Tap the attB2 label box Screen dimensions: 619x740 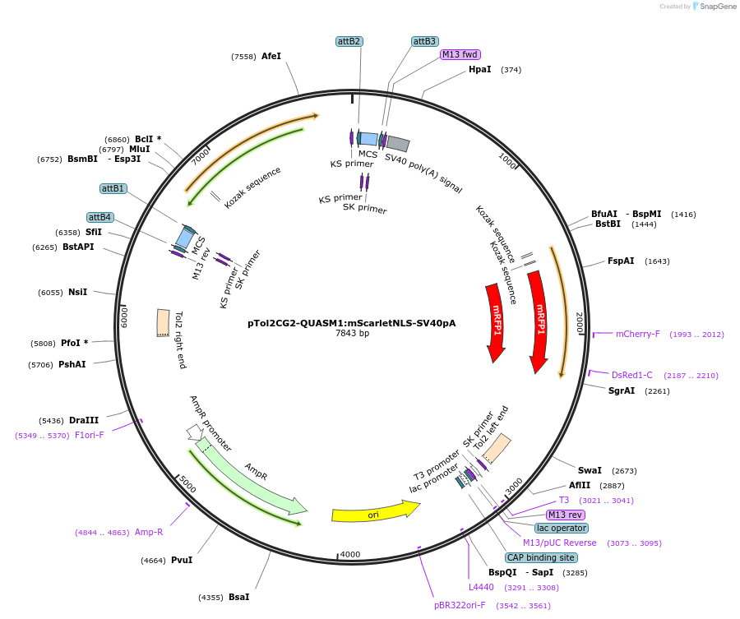349,41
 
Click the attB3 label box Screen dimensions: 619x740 424,41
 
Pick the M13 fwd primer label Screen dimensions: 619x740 460,55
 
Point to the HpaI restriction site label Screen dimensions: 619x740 479,70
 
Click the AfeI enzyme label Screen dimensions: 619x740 271,57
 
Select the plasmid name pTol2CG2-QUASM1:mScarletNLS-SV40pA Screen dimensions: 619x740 352,323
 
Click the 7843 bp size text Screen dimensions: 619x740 352,334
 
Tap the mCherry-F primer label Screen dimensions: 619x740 637,334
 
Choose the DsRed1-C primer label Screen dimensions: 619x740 631,375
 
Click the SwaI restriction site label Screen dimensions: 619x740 590,471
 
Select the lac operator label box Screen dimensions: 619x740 561,528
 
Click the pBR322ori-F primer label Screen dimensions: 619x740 460,605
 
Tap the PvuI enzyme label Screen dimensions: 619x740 182,561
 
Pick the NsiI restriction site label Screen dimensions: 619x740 78,293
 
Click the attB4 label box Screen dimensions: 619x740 100,217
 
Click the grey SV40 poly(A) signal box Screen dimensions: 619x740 398,144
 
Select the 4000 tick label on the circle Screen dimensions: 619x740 350,555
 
